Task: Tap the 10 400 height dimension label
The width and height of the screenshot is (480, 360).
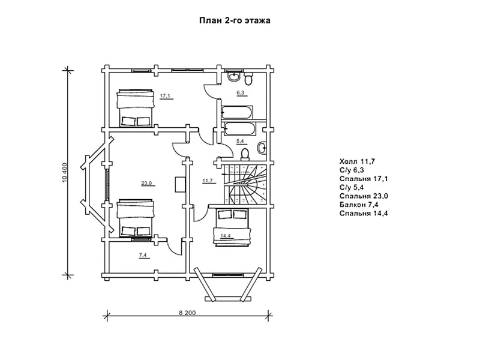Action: point(65,173)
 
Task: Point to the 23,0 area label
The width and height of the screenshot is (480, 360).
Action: point(146,184)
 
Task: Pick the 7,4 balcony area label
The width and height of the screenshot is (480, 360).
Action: point(143,255)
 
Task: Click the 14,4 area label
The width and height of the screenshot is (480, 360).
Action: point(226,235)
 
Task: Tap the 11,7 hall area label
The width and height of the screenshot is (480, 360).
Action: point(208,180)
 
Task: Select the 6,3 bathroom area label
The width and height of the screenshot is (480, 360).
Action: point(240,93)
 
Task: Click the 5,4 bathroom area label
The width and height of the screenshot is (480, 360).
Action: point(239,141)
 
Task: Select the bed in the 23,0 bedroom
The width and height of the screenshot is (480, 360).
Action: point(136,218)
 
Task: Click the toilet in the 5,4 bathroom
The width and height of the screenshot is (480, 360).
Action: point(244,154)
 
